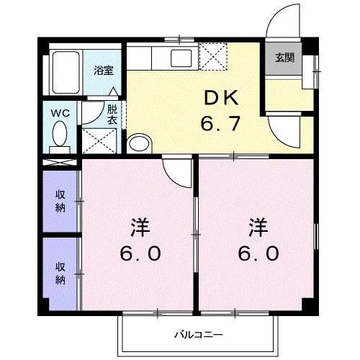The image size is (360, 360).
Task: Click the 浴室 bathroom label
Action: click(x=104, y=71)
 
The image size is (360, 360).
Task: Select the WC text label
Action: click(x=59, y=112)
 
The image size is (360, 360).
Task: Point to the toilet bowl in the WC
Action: click(x=60, y=135)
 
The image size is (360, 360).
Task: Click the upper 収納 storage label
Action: click(x=61, y=200)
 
